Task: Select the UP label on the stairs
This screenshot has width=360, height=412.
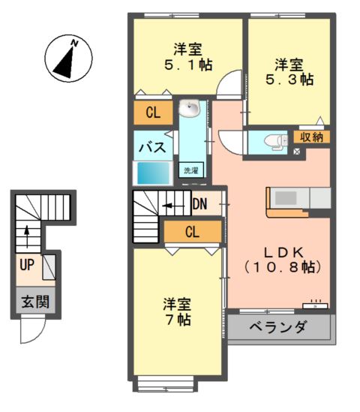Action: tap(27, 264)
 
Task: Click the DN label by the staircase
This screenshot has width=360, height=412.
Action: tap(199, 203)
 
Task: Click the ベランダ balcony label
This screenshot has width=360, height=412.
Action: tap(278, 327)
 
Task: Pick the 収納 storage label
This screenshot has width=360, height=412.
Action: tap(311, 137)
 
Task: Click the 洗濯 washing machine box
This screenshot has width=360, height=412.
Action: tap(191, 170)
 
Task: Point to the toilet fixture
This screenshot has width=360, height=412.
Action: tap(273, 140)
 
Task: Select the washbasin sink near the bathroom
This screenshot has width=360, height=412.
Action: tap(189, 110)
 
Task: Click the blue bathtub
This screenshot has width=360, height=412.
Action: tap(153, 173)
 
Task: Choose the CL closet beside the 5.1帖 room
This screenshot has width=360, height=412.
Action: tap(153, 113)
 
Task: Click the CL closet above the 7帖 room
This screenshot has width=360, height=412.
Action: tap(192, 232)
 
